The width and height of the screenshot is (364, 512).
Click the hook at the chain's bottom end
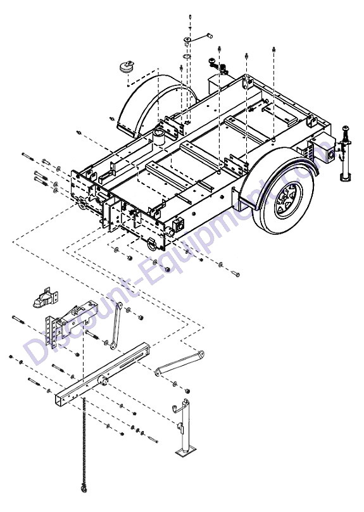point(84,489)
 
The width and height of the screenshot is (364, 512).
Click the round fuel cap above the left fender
point(127,66)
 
